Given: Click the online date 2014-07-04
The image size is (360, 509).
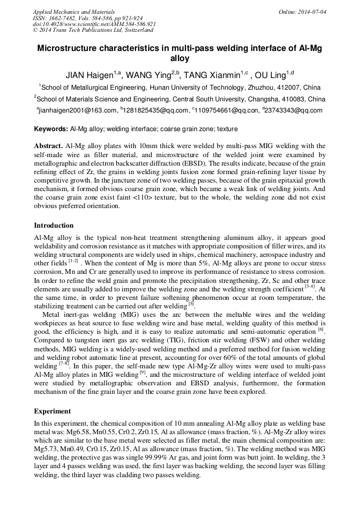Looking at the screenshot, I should [x=308, y=11].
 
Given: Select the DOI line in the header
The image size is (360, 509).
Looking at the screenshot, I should [x=94, y=24].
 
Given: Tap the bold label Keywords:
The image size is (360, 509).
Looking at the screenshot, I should [x=51, y=129].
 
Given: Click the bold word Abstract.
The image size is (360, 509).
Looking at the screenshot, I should [x=48, y=145].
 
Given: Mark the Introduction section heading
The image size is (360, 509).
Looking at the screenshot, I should [x=54, y=225].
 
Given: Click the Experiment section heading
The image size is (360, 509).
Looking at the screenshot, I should [x=53, y=411].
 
